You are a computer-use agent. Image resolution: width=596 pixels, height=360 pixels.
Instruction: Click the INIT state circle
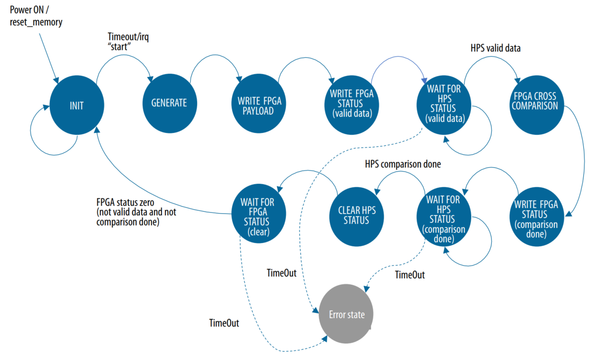click(76, 105)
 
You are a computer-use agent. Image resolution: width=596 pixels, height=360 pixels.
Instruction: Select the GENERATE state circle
click(169, 103)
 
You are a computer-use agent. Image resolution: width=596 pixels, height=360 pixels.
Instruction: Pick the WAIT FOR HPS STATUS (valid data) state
click(444, 103)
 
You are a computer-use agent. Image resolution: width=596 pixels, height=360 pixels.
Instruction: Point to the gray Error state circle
click(346, 315)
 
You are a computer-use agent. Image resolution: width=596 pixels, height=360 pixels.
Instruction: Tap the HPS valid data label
click(496, 48)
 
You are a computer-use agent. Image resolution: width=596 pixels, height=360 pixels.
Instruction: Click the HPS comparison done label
click(403, 164)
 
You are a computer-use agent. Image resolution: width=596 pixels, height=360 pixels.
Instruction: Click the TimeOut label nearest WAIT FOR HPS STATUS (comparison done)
click(409, 275)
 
